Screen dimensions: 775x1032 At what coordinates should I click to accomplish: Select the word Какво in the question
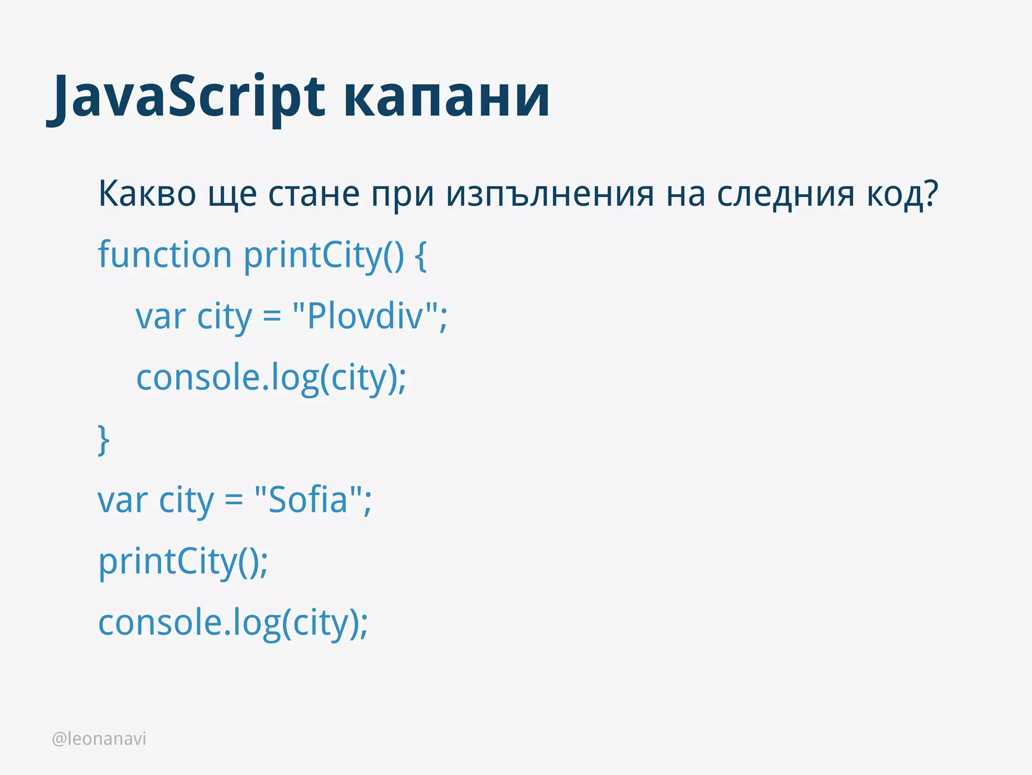(x=147, y=194)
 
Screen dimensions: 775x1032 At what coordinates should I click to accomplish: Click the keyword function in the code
(x=164, y=255)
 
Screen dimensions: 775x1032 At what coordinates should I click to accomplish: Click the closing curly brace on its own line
(x=103, y=440)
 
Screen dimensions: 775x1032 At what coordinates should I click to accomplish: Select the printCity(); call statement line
(x=182, y=562)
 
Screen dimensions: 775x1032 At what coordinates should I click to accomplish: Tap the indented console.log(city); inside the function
(x=271, y=378)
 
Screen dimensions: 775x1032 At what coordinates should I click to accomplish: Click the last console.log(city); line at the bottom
(x=233, y=623)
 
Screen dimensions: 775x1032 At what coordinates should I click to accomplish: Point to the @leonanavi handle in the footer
(x=99, y=739)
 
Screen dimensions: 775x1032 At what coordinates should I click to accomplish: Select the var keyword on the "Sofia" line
(x=122, y=501)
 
